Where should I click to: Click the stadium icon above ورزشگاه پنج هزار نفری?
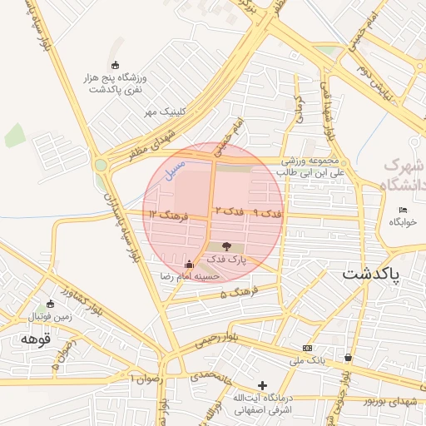pos(115,66)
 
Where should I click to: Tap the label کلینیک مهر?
pos(161,111)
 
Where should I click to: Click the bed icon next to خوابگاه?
pos(404,210)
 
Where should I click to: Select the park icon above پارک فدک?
pos(227,246)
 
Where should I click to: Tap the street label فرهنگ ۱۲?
pos(170,215)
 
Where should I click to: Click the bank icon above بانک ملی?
pos(308,348)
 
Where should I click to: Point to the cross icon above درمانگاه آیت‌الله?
pos(263,385)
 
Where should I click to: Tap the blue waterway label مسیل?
pos(172,171)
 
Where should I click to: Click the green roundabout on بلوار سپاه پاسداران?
pos(101,165)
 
